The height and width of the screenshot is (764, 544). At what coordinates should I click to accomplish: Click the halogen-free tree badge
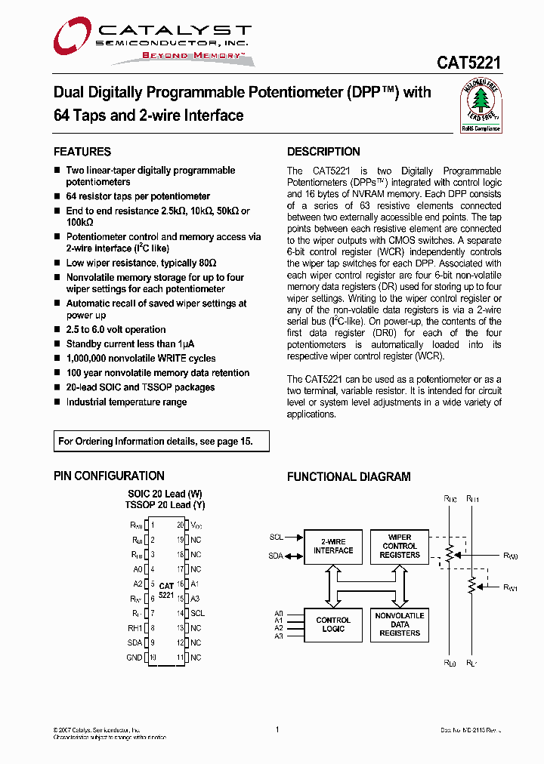(481, 106)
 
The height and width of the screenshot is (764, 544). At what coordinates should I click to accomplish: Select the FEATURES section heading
(82, 151)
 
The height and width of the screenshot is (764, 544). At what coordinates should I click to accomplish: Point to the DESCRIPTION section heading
(323, 151)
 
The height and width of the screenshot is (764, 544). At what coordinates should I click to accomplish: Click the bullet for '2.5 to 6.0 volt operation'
(57, 330)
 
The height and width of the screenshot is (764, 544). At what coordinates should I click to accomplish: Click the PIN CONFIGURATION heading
(109, 476)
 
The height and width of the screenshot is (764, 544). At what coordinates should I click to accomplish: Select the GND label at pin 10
(134, 658)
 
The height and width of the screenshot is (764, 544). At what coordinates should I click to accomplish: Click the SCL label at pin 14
(197, 614)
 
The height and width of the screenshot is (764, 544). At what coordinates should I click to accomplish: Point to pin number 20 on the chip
(181, 525)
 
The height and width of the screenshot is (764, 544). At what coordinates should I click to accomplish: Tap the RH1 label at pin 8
(134, 628)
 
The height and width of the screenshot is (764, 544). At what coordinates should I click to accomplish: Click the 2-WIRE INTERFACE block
(333, 546)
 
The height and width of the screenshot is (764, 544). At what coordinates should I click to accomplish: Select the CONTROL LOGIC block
(333, 624)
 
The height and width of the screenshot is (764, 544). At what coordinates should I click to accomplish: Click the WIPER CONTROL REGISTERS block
(400, 546)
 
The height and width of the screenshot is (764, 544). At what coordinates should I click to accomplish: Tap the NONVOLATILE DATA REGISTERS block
(400, 624)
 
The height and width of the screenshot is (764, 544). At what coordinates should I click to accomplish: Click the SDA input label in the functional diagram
(277, 556)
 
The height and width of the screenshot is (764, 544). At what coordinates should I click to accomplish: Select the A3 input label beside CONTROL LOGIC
(279, 636)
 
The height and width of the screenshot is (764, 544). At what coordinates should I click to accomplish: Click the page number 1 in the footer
(277, 729)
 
